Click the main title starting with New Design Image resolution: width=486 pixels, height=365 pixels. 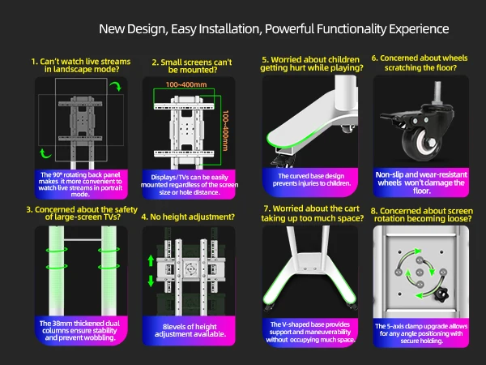pos(274,29)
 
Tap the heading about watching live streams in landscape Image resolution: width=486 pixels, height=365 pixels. pos(81,65)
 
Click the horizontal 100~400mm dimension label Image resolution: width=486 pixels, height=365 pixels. pos(186,84)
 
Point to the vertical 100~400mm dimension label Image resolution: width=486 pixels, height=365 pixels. pos(225,131)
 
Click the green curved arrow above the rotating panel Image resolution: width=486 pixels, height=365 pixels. pos(117,86)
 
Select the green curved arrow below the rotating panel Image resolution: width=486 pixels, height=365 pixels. pos(45,153)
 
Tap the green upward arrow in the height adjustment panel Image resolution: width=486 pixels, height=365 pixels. pos(151,260)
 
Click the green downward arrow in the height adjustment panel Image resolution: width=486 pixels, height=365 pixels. pos(151,281)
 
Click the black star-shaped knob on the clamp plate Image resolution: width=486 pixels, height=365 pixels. pos(441,294)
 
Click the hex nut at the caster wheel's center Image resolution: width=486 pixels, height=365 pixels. pos(431,144)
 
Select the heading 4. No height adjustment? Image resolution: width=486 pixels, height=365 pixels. pos(188,217)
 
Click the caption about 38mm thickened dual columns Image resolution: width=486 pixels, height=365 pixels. pos(79,331)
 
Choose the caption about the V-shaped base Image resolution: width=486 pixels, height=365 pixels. pos(310,332)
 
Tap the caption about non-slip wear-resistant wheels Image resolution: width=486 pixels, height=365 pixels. pos(421,182)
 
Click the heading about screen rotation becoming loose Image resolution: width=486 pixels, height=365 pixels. pos(422,215)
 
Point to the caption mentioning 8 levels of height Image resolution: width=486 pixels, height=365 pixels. pos(190,330)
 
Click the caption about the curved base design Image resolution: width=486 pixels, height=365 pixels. pos(312,180)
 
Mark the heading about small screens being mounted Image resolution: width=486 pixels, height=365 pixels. pos(192,67)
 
